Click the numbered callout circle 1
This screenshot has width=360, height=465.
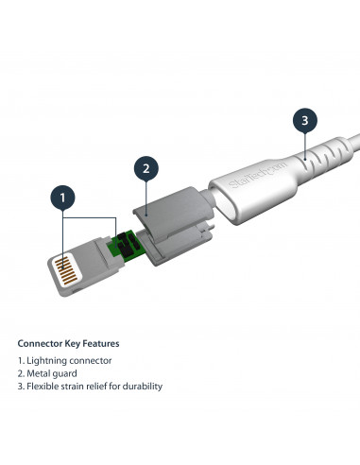63,198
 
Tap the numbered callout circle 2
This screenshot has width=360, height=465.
146,169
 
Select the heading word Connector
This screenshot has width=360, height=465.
41,343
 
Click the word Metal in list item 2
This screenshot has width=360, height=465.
41,373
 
